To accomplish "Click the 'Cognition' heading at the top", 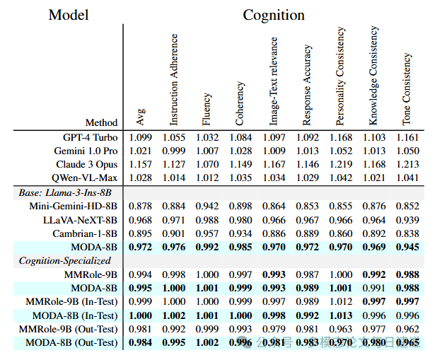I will click(274, 15).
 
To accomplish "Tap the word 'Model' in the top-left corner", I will click(69, 15).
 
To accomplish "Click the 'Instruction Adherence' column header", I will click(174, 79).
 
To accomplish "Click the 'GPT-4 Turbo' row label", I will click(91, 137).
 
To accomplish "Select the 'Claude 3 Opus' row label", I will click(86, 164).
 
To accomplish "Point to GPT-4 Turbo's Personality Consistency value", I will click(340, 137).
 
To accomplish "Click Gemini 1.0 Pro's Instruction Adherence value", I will click(174, 151).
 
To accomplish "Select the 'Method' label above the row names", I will click(102, 122).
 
